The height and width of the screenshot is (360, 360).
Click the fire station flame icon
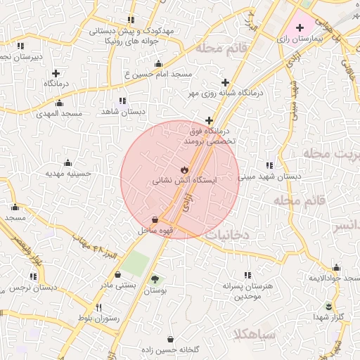click(x=184, y=169)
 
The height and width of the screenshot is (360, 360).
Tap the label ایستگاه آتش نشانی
click(x=185, y=181)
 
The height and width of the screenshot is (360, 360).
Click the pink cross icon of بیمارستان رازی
click(x=300, y=27)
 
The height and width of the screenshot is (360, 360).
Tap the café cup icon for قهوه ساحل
click(x=155, y=219)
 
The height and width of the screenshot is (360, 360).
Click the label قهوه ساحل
click(x=155, y=230)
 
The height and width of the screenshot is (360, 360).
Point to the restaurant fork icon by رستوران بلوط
click(x=98, y=308)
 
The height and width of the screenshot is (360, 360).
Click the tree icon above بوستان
click(x=155, y=279)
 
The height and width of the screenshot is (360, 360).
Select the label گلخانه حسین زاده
click(x=171, y=349)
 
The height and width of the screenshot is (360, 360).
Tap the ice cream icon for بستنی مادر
click(x=117, y=274)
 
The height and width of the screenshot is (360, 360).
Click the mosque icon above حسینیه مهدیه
click(x=68, y=162)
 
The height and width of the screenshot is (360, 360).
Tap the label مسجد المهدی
click(x=61, y=112)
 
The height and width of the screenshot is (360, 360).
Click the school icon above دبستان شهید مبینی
click(x=270, y=165)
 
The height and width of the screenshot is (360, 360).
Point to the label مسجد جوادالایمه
click(x=335, y=278)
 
